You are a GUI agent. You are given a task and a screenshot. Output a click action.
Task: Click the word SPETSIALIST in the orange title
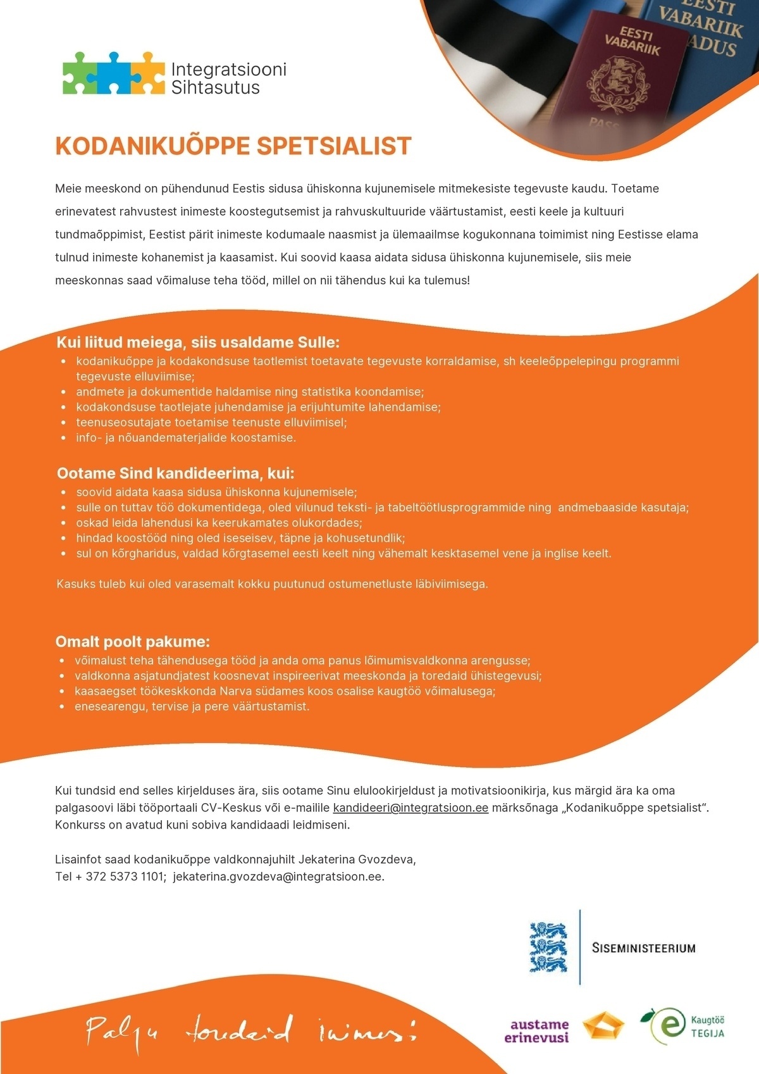(333, 146)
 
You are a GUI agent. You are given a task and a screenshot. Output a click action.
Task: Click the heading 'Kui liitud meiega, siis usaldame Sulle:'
(198, 342)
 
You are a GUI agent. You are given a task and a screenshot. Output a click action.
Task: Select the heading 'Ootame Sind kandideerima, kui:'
(176, 473)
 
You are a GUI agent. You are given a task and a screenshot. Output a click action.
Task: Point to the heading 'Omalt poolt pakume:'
(133, 642)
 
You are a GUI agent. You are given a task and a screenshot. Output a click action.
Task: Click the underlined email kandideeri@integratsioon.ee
(410, 808)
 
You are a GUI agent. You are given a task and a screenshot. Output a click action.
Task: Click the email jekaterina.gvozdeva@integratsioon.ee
(278, 877)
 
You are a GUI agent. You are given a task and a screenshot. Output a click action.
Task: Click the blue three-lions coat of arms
(548, 947)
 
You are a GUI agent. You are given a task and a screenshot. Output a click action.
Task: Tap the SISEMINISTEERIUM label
(643, 948)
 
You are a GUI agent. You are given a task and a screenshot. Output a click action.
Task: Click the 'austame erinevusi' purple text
(540, 1031)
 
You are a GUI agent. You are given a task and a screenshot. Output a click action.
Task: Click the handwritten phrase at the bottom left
(251, 1030)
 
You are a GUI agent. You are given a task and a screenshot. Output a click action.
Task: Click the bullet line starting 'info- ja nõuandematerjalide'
(186, 437)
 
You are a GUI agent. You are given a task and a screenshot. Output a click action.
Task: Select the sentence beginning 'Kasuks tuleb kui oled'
(272, 584)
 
